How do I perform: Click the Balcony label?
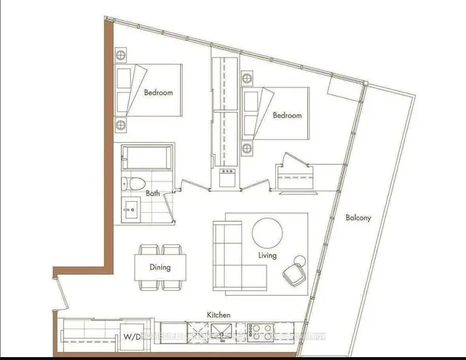(359, 216)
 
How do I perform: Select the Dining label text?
(159, 267)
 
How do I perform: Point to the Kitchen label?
(218, 315)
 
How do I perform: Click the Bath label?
(152, 194)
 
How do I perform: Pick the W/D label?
(132, 337)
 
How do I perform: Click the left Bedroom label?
(157, 93)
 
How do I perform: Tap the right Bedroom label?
(287, 115)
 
